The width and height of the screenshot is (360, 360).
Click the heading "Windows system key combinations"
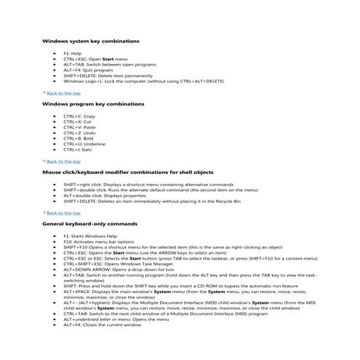point(91,42)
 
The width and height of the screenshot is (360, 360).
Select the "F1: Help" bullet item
point(72,54)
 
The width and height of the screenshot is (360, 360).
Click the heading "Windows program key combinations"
point(92,105)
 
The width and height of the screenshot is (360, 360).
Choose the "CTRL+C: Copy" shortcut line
point(79,116)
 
